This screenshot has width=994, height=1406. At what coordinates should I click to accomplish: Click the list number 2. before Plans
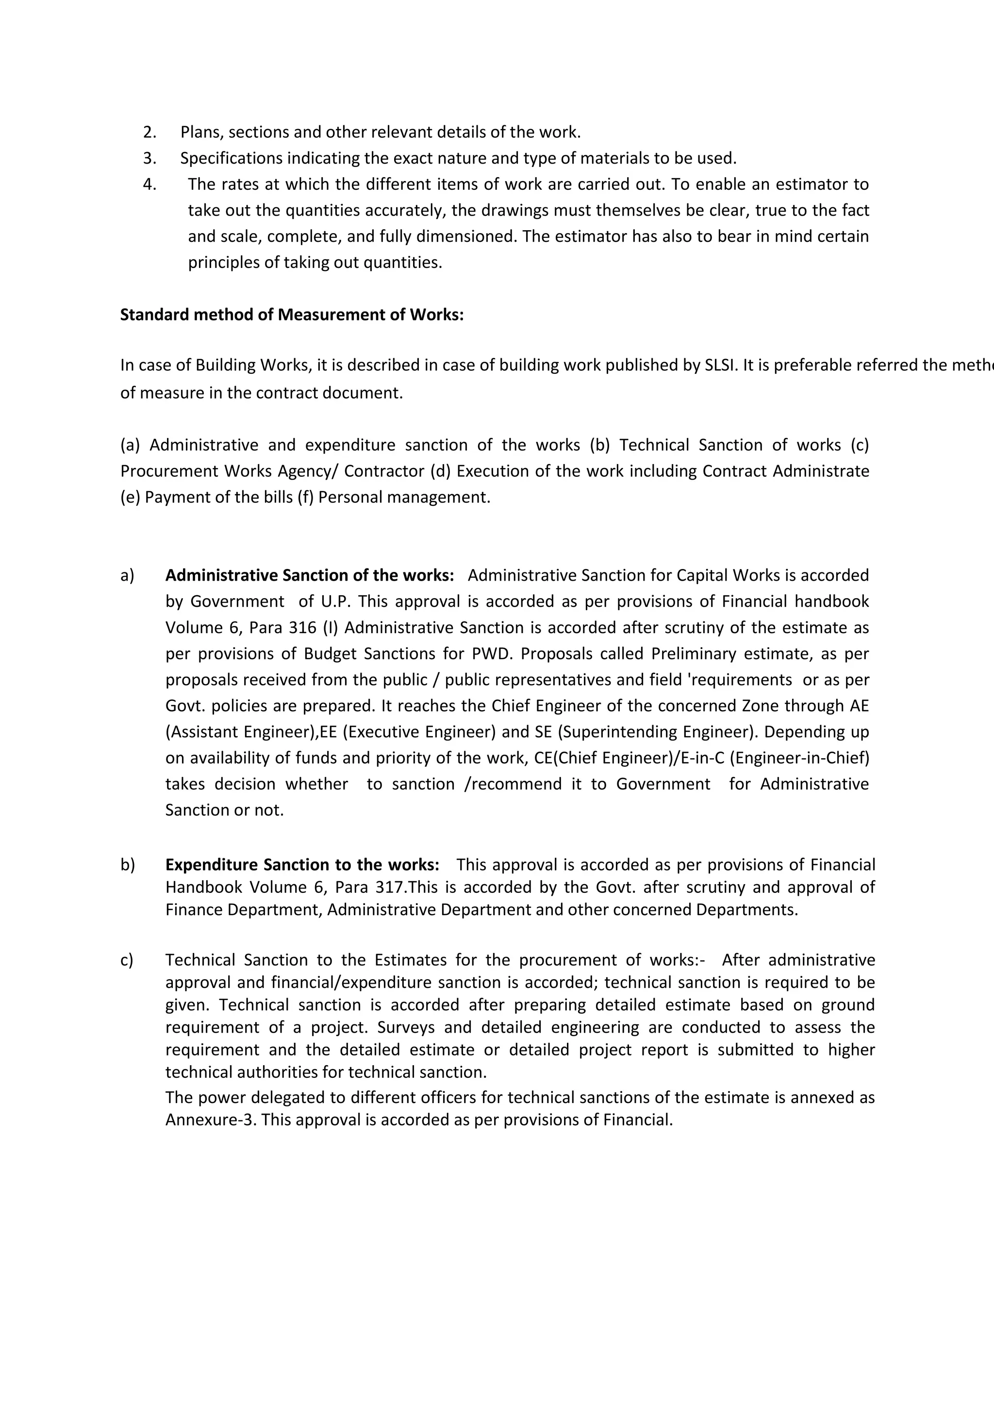149,132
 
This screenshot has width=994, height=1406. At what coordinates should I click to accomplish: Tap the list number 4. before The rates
149,184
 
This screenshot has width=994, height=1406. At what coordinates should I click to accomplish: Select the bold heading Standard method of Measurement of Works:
292,315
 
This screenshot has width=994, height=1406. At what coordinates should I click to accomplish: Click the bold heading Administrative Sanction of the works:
310,576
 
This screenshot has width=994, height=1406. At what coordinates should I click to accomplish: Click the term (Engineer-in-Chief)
799,758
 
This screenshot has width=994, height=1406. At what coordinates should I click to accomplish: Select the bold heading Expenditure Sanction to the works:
302,865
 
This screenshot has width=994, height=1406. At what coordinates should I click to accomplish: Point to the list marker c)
127,960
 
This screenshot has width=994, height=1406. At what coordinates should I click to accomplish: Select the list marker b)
127,865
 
